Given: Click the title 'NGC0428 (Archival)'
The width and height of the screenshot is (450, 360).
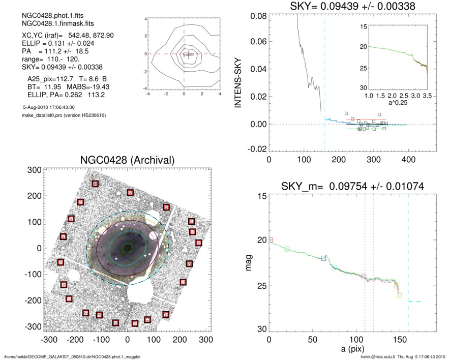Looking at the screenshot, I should (x=127, y=160).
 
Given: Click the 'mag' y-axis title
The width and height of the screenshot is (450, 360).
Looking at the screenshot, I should (x=249, y=263).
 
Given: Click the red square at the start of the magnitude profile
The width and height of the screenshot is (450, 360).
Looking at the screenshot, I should (x=270, y=239).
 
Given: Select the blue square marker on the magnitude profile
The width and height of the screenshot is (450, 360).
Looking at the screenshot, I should (x=323, y=258).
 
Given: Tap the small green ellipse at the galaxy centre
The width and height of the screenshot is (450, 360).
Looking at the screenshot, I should (x=128, y=248).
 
